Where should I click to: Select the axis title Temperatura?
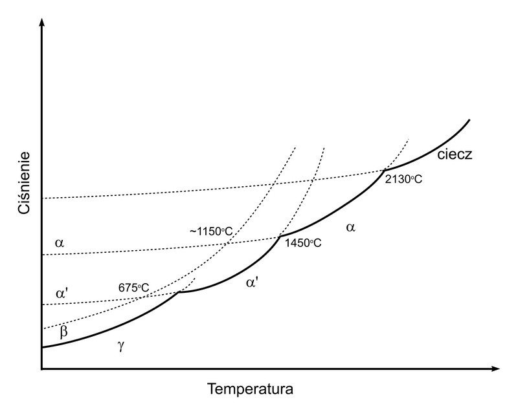[x=251, y=390]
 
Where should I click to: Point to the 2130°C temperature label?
[x=403, y=179]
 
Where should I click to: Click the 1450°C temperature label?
[x=303, y=244]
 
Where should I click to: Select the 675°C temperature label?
[x=134, y=287]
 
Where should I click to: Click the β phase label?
[x=63, y=332]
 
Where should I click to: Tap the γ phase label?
[x=120, y=346]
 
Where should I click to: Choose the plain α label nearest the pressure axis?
[x=60, y=243]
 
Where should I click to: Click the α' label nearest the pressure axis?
[x=62, y=293]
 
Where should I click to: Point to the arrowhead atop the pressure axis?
[x=41, y=23]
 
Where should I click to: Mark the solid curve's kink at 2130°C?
[x=384, y=169]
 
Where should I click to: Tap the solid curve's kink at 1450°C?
[x=278, y=237]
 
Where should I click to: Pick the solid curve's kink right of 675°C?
[x=179, y=293]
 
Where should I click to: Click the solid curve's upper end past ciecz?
[x=468, y=120]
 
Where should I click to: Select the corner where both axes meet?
[x=41, y=369]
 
